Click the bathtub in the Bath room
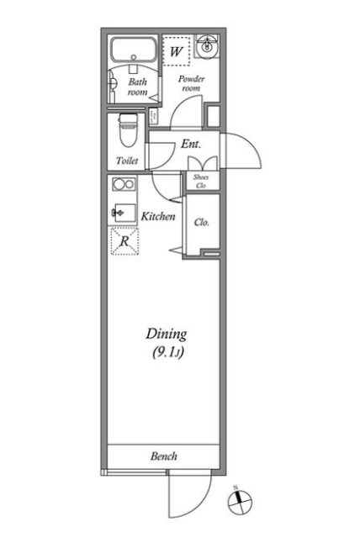(x=133, y=50)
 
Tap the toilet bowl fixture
(x=128, y=131)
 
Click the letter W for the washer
(x=176, y=52)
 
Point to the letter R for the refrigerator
(x=124, y=240)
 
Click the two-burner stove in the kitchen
(x=124, y=184)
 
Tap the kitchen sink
(x=124, y=213)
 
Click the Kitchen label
(x=158, y=216)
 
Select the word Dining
(x=167, y=335)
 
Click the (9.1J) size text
(x=168, y=352)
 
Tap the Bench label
(x=164, y=456)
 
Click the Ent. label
(x=191, y=144)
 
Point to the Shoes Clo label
(x=201, y=182)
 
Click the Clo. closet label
(x=202, y=222)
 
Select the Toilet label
(x=127, y=161)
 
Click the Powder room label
(x=191, y=83)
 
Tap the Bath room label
(x=137, y=87)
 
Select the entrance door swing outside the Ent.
(x=252, y=146)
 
